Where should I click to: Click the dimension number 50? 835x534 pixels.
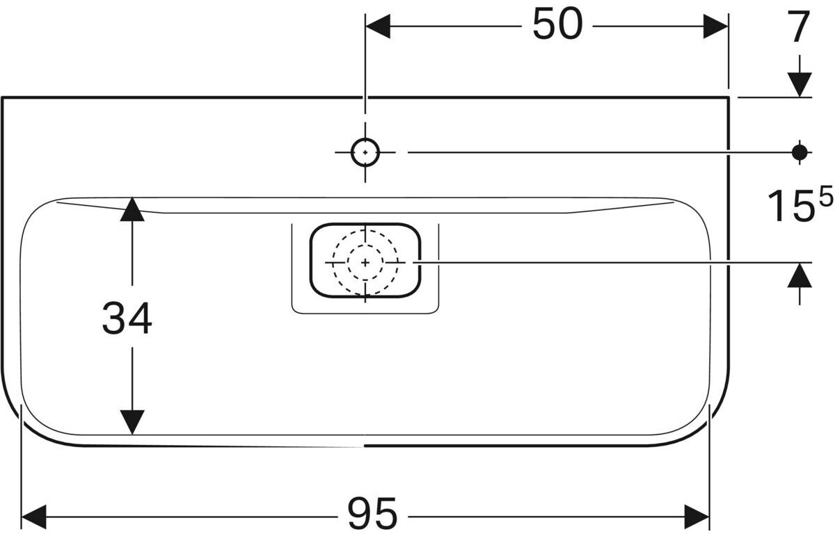pyautogui.click(x=557, y=26)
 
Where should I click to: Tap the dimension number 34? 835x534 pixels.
pyautogui.click(x=127, y=319)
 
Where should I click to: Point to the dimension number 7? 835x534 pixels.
pyautogui.click(x=800, y=29)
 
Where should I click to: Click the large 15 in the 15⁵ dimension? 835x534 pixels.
pyautogui.click(x=789, y=207)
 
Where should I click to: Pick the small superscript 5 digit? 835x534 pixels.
pyautogui.click(x=825, y=199)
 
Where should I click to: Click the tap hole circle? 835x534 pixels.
pyautogui.click(x=365, y=152)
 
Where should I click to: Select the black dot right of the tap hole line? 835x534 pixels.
pyautogui.click(x=800, y=151)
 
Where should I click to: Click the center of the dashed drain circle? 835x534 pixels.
pyautogui.click(x=365, y=262)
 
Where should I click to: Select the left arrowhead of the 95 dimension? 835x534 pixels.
pyautogui.click(x=34, y=516)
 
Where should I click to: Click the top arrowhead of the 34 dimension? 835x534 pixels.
pyautogui.click(x=132, y=209)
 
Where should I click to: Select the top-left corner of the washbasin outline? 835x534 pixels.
pyautogui.click(x=3, y=97)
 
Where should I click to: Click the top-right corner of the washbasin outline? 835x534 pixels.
pyautogui.click(x=729, y=97)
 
